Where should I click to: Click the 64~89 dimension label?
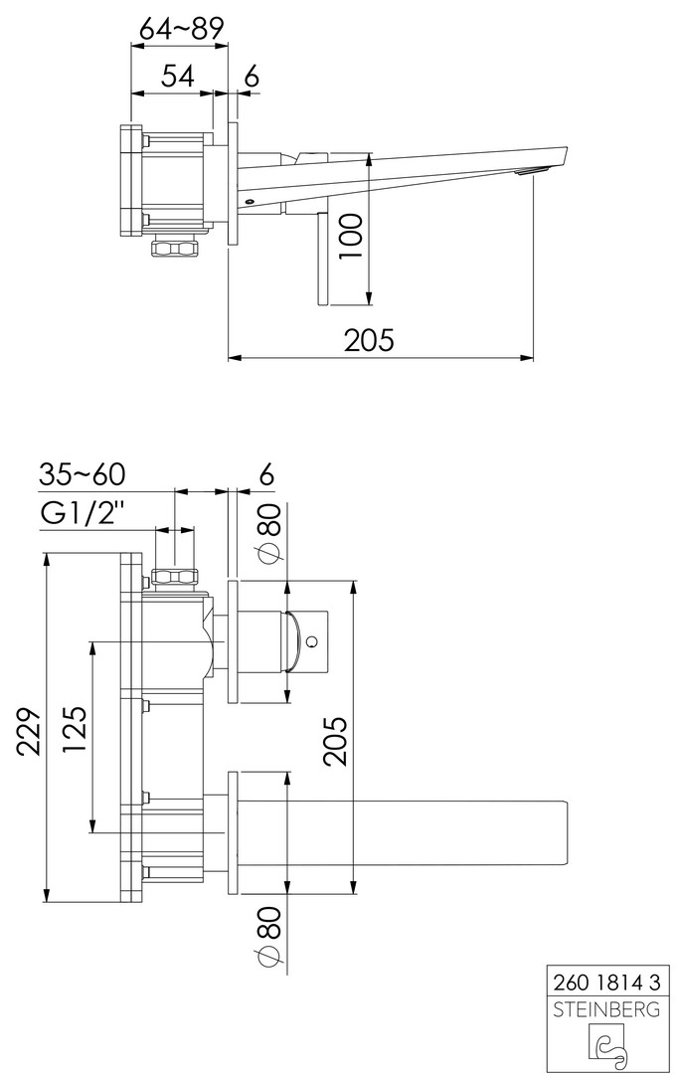(182, 29)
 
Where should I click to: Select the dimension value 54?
(177, 76)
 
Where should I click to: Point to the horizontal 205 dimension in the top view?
(369, 340)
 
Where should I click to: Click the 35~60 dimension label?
(82, 474)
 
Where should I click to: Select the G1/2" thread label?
(84, 514)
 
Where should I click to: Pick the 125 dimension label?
(76, 729)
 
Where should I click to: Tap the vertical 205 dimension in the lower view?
(336, 741)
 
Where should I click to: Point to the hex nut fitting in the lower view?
(175, 576)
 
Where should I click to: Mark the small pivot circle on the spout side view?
(250, 201)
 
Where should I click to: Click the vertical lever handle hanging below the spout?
(321, 258)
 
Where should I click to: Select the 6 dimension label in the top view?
(252, 76)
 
